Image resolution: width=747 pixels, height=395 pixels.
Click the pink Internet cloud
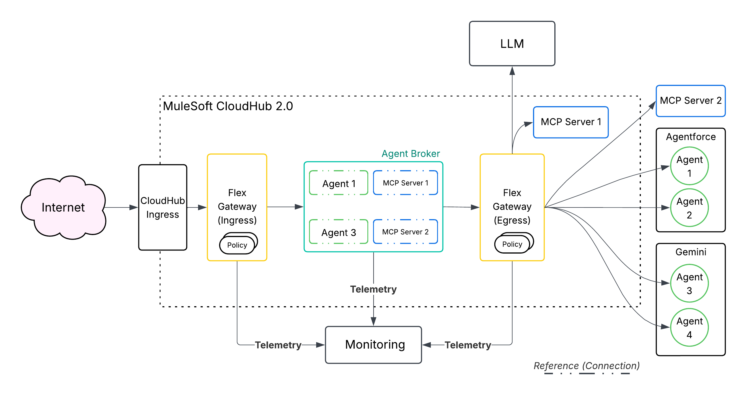click(63, 207)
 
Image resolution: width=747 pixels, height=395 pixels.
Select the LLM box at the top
click(512, 44)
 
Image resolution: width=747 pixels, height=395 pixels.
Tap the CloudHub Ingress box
click(163, 207)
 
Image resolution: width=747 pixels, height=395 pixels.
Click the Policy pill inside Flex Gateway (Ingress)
click(237, 245)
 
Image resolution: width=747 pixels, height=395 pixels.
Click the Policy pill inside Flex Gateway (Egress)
click(512, 244)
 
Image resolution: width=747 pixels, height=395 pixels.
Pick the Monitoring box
click(373, 345)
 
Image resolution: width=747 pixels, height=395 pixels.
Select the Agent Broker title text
click(410, 153)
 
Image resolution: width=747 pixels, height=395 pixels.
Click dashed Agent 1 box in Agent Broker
click(338, 183)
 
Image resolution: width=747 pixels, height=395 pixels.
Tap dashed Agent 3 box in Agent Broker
click(338, 232)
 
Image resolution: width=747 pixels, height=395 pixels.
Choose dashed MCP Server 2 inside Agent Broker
click(405, 232)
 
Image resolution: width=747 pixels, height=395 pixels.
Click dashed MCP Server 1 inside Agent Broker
click(405, 183)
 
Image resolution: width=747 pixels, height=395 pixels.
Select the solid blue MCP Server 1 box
click(570, 122)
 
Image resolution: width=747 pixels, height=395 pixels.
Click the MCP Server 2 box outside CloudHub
click(690, 101)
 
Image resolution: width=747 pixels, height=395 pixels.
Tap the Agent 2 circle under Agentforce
click(689, 208)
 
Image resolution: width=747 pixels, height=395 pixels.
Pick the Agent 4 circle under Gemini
click(689, 328)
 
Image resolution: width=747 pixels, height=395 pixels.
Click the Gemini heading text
click(690, 252)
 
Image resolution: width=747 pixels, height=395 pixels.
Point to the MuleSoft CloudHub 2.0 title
click(228, 106)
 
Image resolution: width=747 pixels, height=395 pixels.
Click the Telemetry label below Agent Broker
click(373, 289)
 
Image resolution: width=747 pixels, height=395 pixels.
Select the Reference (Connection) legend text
click(586, 366)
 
